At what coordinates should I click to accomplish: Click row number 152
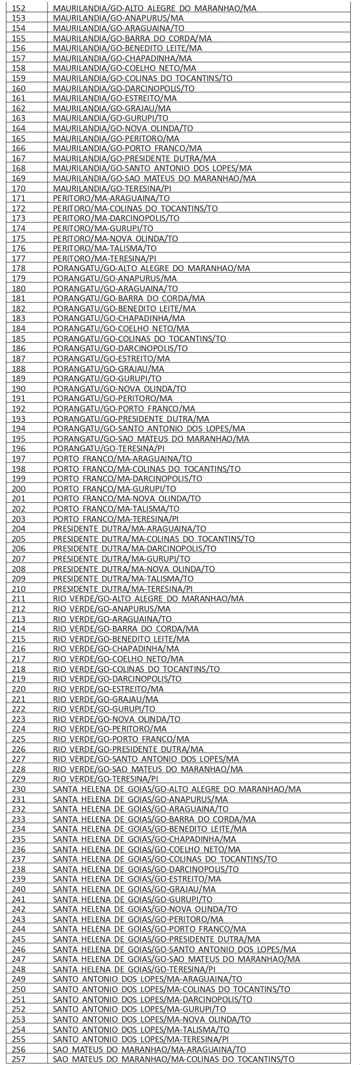pyautogui.click(x=19, y=8)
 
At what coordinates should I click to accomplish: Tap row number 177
pyautogui.click(x=19, y=258)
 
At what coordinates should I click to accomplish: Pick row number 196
pyautogui.click(x=19, y=448)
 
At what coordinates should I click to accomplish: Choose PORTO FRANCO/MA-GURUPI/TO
pyautogui.click(x=114, y=488)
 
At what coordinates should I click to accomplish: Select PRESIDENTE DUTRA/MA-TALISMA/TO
pyautogui.click(x=123, y=579)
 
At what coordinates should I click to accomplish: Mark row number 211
pyautogui.click(x=19, y=599)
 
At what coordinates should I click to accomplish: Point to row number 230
pyautogui.click(x=19, y=789)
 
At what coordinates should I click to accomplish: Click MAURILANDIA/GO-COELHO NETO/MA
pyautogui.click(x=125, y=68)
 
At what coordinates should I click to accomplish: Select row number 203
pyautogui.click(x=19, y=518)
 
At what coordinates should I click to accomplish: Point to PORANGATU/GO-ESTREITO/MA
pyautogui.click(x=112, y=358)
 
